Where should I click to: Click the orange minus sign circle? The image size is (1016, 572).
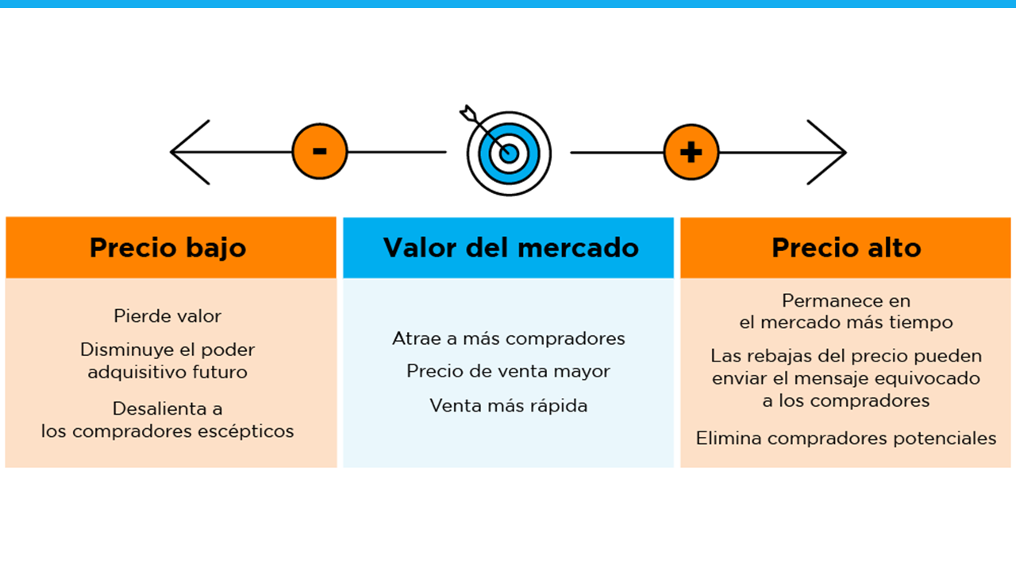point(320,152)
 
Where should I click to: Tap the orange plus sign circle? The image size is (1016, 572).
point(691,152)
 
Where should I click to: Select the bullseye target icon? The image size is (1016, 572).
point(509,153)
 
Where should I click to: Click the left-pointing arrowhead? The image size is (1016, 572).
point(189,152)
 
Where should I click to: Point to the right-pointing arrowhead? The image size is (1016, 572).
point(828,152)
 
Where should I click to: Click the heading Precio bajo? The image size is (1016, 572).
point(167,248)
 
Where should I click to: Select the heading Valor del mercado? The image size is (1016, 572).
point(510,248)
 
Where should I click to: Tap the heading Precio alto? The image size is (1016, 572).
point(846,248)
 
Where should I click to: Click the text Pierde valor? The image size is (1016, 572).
point(167,316)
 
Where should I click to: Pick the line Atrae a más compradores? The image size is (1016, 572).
point(509,338)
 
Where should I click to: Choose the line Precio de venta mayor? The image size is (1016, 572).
point(509,371)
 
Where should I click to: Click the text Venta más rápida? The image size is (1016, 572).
point(509,406)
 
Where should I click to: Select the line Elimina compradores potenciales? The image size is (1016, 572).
point(846,438)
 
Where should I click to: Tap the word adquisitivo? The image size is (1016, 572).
point(126,372)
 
